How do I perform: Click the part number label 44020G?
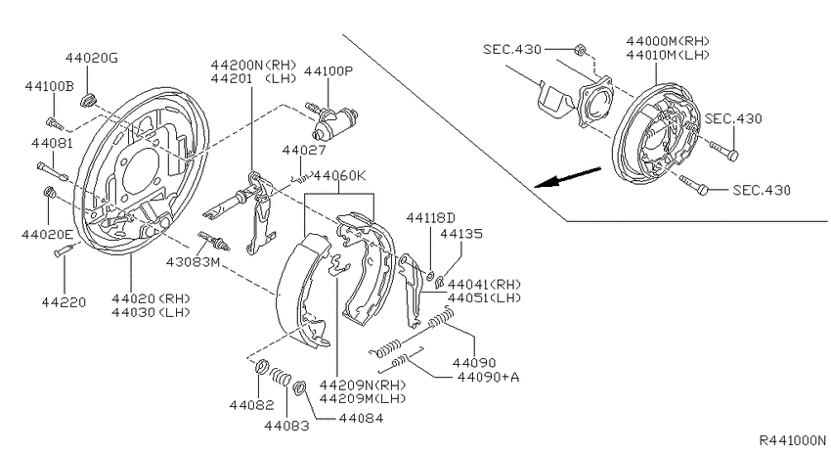point(92,58)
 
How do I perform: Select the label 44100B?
point(49,86)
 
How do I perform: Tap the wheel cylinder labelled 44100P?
point(334,121)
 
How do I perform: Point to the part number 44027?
point(304,150)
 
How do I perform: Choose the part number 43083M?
point(193,262)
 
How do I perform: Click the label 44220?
point(64,302)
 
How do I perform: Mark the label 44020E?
point(48,235)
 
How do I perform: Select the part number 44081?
point(53,143)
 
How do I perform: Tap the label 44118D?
point(431,218)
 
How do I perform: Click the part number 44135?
point(461,233)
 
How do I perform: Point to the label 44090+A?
point(488,377)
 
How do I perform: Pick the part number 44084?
point(361,418)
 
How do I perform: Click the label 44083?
point(286,426)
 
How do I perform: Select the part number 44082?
point(251,405)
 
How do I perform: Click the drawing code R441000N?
point(793,440)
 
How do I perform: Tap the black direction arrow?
point(568,178)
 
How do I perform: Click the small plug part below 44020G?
point(88,99)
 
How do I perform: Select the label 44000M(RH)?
point(668,41)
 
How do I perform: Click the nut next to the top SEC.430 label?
point(580,50)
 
